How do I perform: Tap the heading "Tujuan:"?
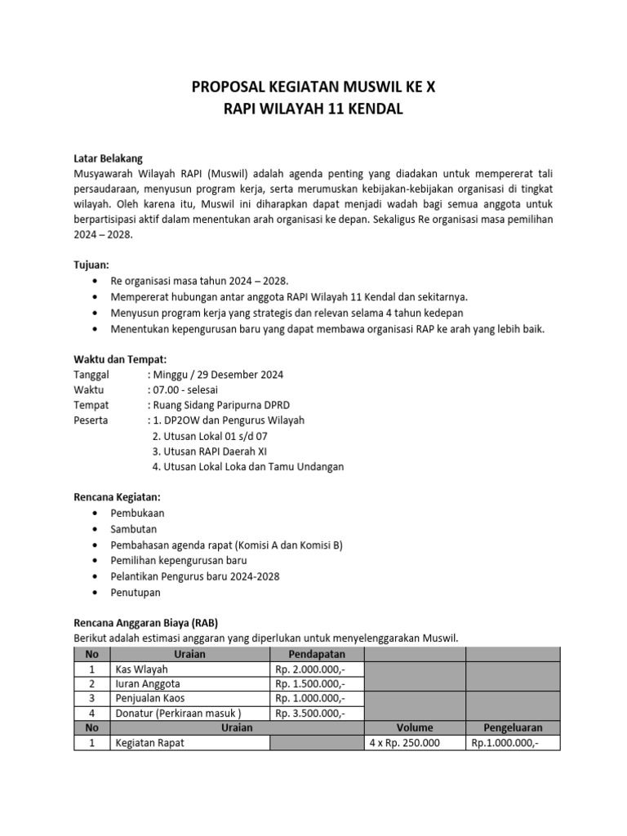coord(91,265)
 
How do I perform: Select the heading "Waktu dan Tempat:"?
coord(120,359)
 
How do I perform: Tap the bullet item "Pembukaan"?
coord(137,513)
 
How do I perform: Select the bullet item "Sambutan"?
coord(134,528)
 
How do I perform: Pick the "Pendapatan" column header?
coord(317,654)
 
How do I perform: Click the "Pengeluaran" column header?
coord(513,727)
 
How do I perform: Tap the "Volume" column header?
coord(415,727)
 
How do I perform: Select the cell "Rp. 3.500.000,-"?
coord(310,713)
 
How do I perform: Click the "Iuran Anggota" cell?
coord(148,683)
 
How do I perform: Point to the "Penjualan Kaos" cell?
coord(150,698)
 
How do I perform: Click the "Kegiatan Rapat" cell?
coord(149,742)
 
